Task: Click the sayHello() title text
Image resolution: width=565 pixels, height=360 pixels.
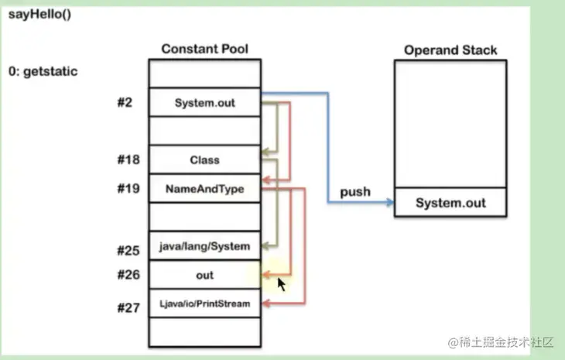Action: [39, 15]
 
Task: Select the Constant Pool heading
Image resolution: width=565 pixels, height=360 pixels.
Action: [204, 49]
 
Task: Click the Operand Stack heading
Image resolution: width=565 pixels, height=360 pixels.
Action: [450, 50]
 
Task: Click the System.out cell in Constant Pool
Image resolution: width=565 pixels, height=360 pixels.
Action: [204, 102]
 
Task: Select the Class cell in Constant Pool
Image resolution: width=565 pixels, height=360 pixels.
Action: [204, 160]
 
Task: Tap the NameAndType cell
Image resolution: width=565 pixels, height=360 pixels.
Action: [204, 188]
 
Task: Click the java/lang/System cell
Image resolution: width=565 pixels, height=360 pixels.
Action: [204, 246]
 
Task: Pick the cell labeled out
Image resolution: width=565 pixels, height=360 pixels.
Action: [204, 275]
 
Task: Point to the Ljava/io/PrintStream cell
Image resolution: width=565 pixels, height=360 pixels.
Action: [204, 303]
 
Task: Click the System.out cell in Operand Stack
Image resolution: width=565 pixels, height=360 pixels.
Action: [450, 203]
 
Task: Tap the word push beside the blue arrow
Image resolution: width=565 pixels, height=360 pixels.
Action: [354, 191]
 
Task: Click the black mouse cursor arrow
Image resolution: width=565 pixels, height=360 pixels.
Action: [282, 284]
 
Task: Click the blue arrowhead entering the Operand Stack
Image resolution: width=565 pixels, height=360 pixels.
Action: [389, 203]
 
